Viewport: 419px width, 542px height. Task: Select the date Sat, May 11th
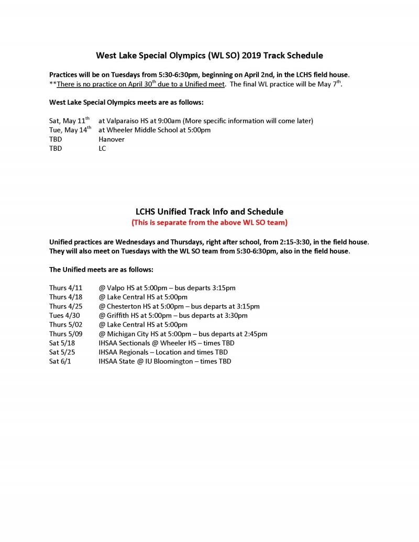(x=69, y=121)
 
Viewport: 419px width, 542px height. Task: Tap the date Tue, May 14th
(x=70, y=130)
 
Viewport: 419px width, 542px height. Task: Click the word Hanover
(x=112, y=139)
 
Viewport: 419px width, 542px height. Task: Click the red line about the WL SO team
(x=210, y=223)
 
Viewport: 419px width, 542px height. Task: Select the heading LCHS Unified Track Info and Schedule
(x=210, y=212)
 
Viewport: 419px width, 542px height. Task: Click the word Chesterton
(x=124, y=306)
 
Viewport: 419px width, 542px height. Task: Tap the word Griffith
(x=119, y=315)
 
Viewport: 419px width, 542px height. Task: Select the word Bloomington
(x=173, y=361)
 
